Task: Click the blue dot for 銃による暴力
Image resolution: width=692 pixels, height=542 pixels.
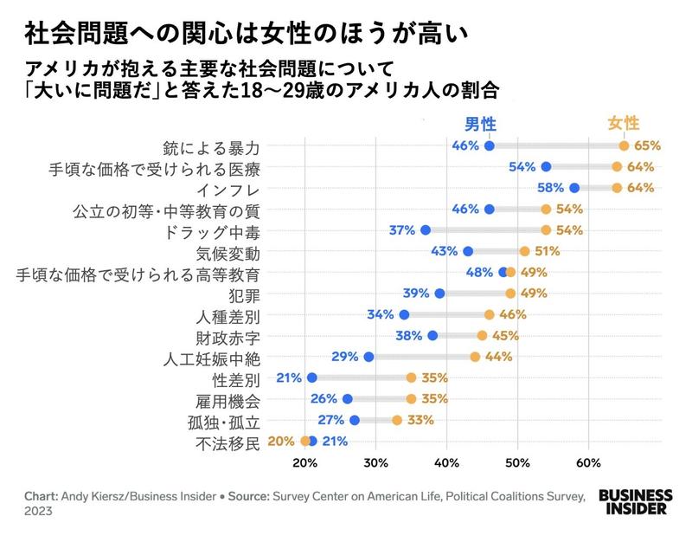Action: click(x=490, y=145)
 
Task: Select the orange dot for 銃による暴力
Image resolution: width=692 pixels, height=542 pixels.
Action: click(x=624, y=145)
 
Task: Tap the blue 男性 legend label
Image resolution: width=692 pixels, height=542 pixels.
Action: click(x=482, y=123)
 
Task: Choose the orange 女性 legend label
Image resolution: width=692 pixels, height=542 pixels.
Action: click(x=624, y=123)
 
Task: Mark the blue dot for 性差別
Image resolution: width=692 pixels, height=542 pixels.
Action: click(x=312, y=377)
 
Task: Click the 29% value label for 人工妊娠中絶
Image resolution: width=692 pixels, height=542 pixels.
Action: click(x=346, y=357)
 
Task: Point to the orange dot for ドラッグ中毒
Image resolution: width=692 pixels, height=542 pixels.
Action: click(x=546, y=230)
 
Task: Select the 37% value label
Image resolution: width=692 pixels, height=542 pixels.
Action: click(x=402, y=230)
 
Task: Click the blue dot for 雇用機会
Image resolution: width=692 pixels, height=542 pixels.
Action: click(x=348, y=399)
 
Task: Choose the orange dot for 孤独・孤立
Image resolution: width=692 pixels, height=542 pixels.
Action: click(x=397, y=420)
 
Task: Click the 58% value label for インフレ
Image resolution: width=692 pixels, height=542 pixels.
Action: click(x=550, y=188)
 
